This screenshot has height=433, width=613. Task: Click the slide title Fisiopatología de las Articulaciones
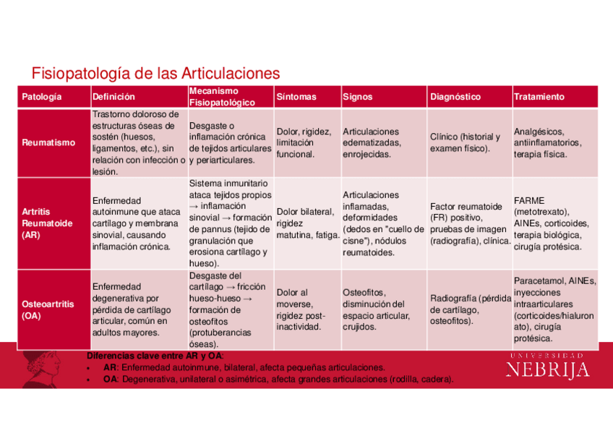pos(155,74)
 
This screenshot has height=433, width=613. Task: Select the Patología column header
pos(42,97)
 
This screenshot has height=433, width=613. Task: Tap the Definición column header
pos(113,97)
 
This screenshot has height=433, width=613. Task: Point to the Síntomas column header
pos(296,97)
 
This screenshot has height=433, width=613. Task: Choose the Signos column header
pos(358,97)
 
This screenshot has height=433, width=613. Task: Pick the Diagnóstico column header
pos(455,97)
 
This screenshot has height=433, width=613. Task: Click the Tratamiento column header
pos(539,97)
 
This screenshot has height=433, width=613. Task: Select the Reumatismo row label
pos(48,142)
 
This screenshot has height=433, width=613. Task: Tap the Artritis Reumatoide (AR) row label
pos(48,223)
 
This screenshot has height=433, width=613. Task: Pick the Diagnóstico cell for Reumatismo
pos(466,142)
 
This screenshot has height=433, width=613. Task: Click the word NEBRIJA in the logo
pos(547,370)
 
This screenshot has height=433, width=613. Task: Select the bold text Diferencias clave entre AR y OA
pos(155,357)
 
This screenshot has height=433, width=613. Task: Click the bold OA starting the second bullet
pos(110,379)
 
